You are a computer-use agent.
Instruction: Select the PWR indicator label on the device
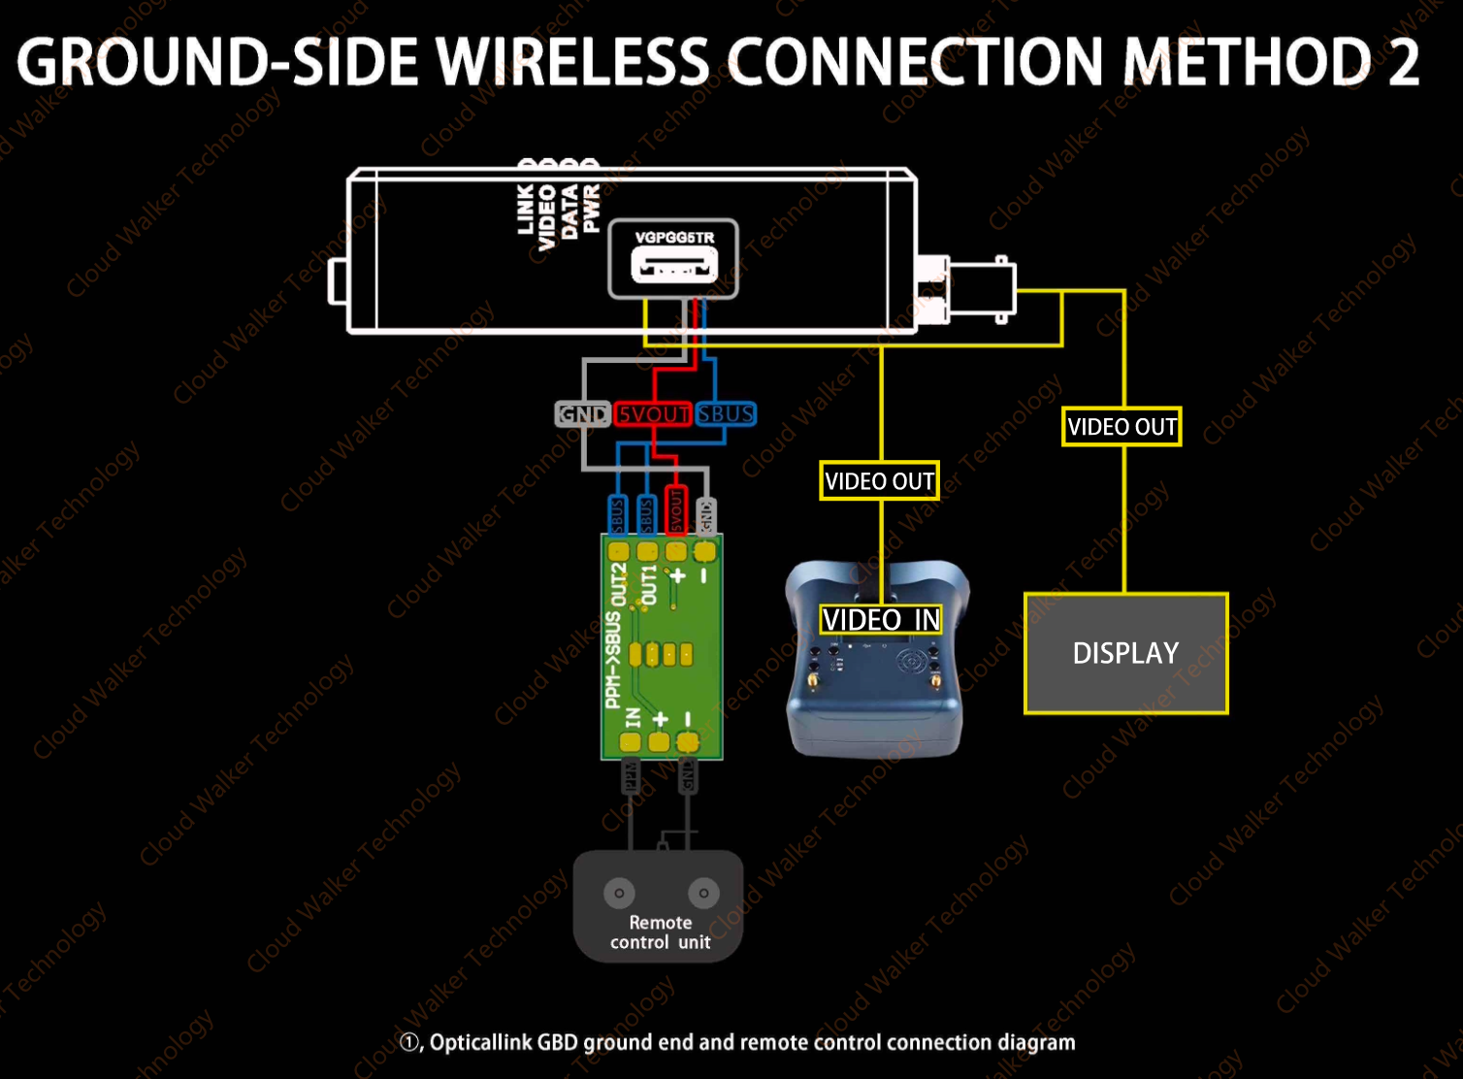click(591, 208)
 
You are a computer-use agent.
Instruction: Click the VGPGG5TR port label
click(674, 238)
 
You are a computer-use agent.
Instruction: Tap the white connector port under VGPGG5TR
click(674, 265)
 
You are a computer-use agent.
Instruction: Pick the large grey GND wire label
click(582, 414)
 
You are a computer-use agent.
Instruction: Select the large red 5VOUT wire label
click(653, 414)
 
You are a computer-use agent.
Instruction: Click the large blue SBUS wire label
click(725, 414)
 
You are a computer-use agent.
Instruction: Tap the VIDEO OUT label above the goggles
click(879, 481)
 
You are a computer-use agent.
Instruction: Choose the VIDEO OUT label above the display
click(1122, 427)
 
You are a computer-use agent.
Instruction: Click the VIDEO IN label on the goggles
click(881, 620)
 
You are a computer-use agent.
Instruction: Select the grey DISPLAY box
click(1125, 654)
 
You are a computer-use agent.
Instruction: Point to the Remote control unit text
click(660, 932)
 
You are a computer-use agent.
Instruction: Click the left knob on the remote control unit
click(619, 893)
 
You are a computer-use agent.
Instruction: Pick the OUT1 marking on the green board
click(649, 585)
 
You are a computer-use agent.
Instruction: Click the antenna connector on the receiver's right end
click(980, 289)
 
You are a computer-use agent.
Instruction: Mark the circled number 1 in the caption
click(409, 1042)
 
